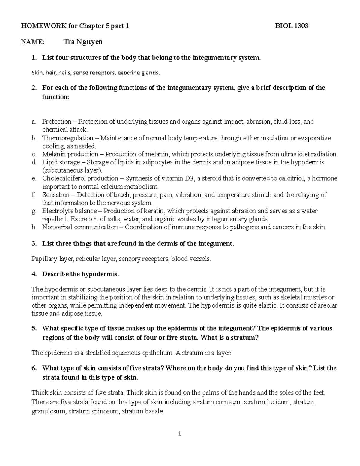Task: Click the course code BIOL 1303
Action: (x=292, y=26)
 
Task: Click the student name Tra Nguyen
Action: (x=83, y=42)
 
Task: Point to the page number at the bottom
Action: (x=180, y=434)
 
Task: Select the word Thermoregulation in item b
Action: (x=67, y=138)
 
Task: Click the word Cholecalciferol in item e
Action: (x=62, y=179)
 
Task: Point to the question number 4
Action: (x=34, y=274)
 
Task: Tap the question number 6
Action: (x=34, y=368)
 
